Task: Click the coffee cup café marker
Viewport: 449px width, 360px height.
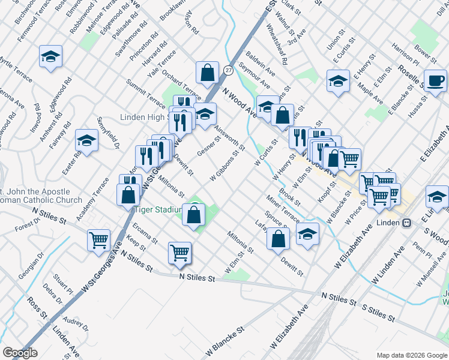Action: [435, 80]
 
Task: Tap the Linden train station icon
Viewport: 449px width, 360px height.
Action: [406, 223]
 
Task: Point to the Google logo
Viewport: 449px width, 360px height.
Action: [20, 353]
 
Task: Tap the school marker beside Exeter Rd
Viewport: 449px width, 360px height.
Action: [86, 142]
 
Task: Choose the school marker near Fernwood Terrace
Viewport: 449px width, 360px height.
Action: [50, 57]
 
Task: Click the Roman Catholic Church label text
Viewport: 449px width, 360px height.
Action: [41, 200]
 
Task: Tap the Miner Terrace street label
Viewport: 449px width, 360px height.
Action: [283, 207]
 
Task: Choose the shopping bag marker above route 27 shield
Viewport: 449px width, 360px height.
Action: [207, 73]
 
